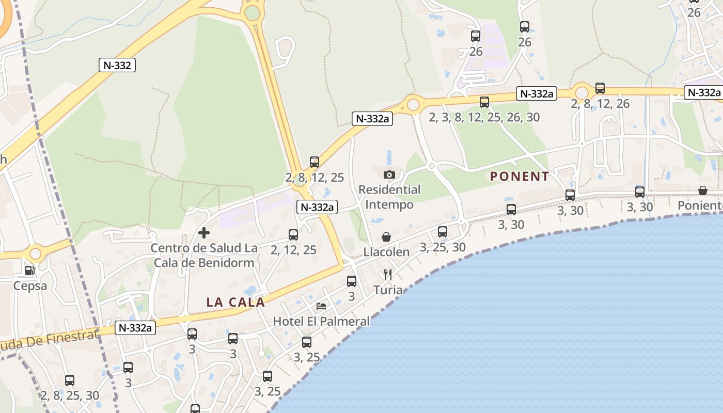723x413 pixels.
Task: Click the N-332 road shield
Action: point(117,65)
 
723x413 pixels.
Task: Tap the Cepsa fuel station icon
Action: point(30,270)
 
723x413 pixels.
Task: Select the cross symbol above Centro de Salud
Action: point(204,233)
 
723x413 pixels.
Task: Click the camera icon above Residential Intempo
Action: point(389,174)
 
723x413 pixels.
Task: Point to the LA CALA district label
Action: point(235,303)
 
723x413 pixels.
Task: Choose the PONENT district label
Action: point(520,177)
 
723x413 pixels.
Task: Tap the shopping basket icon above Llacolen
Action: point(386,237)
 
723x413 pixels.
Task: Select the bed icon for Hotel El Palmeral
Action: point(321,306)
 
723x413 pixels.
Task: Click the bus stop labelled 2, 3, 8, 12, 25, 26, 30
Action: point(484,102)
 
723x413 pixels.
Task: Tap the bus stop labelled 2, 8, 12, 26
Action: point(600,88)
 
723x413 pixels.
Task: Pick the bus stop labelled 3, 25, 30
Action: point(443,232)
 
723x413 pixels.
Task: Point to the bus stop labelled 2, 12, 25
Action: point(293,235)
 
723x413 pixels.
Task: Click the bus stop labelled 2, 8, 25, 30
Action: point(70,380)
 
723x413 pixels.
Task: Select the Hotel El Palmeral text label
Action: point(321,321)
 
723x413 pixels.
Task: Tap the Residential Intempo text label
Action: point(389,197)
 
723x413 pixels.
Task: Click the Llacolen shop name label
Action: point(386,252)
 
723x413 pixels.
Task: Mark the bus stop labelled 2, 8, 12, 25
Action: point(315,162)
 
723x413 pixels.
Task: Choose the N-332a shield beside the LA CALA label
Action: point(135,328)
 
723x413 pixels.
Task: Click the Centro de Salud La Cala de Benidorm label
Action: point(204,255)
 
